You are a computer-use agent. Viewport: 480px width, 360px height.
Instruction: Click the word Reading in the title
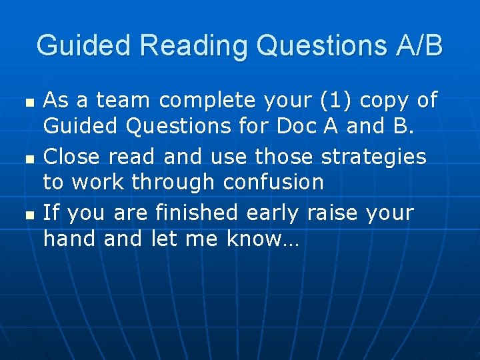pos(194,46)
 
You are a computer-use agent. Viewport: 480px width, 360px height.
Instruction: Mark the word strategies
pos(373,157)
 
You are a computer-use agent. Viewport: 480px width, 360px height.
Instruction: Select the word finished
pos(197,213)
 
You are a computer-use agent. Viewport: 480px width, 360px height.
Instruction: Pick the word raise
pos(331,213)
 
